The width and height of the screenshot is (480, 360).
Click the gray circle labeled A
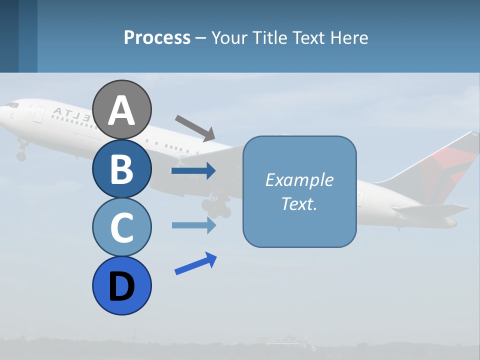pyautogui.click(x=121, y=109)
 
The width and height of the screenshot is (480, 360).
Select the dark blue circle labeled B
pyautogui.click(x=121, y=168)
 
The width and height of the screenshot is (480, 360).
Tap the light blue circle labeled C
pyautogui.click(x=121, y=227)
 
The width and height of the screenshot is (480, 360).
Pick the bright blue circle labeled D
pyautogui.click(x=121, y=285)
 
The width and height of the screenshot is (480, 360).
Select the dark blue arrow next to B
pyautogui.click(x=193, y=171)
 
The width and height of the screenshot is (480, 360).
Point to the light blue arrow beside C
pyautogui.click(x=193, y=225)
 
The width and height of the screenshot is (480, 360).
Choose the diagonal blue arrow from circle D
pyautogui.click(x=195, y=263)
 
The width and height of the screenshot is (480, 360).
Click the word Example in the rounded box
pyautogui.click(x=299, y=180)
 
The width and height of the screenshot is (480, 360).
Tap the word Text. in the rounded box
pyautogui.click(x=299, y=203)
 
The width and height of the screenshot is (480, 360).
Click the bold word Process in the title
pyautogui.click(x=157, y=37)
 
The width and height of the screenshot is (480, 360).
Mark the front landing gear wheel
pyautogui.click(x=21, y=156)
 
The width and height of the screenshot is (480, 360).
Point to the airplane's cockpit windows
pyautogui.click(x=13, y=105)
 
